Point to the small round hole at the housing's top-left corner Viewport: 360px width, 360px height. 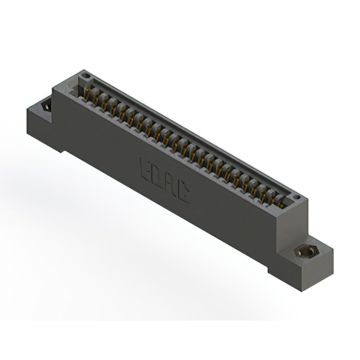click(x=85, y=75)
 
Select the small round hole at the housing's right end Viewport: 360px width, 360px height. click(x=296, y=197)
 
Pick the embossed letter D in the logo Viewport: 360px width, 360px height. click(x=157, y=177)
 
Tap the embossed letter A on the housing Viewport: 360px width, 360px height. click(x=170, y=185)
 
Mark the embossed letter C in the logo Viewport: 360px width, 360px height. click(x=183, y=194)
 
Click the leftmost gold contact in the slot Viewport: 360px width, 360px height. click(x=88, y=93)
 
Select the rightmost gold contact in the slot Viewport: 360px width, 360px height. click(x=280, y=202)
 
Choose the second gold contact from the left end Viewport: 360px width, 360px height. click(x=97, y=98)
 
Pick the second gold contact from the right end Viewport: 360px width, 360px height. click(x=272, y=197)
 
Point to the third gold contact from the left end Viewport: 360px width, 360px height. click(x=105, y=103)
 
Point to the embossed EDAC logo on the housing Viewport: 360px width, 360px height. click(x=164, y=181)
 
